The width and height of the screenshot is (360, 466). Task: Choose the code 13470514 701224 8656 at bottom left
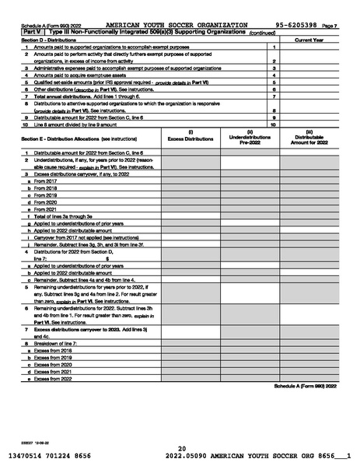tap(51, 457)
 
